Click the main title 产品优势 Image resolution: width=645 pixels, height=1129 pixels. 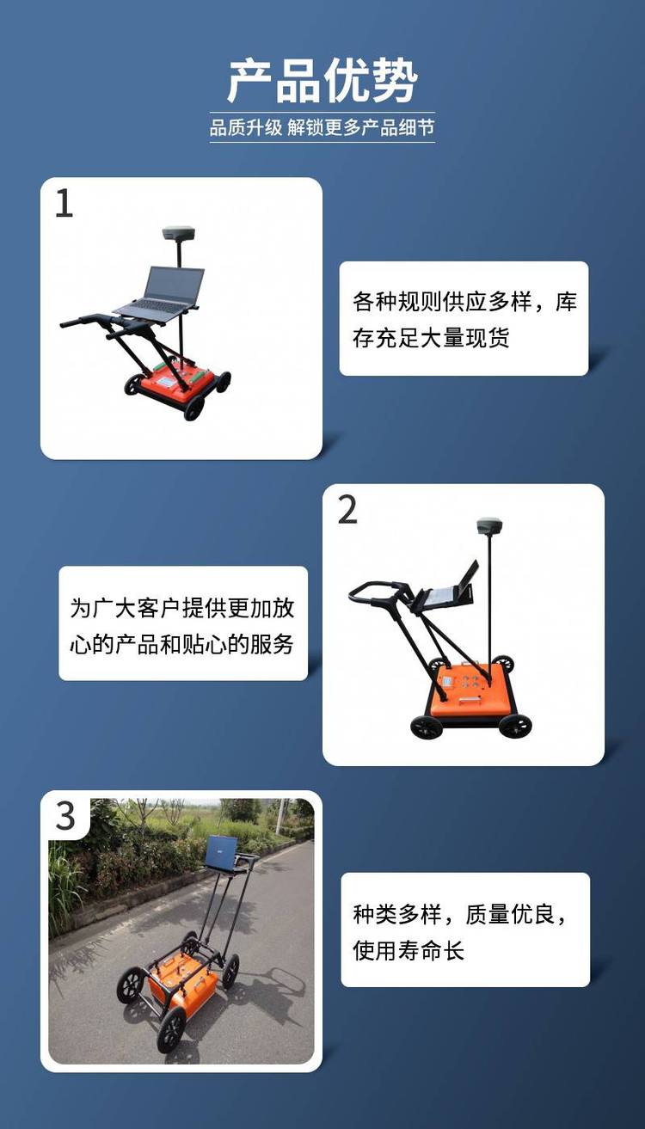point(322,81)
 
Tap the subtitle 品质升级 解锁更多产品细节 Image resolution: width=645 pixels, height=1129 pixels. point(322,127)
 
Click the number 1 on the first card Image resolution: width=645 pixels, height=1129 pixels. point(64,203)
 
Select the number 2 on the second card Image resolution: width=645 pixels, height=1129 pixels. point(347,510)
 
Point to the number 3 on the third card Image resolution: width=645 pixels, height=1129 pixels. point(65,816)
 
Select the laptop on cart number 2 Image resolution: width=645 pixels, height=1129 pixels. point(448,591)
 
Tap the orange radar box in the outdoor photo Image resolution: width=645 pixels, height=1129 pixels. point(182,979)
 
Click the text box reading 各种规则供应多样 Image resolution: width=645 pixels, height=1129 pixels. point(464,318)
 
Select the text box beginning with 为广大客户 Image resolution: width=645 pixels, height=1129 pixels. point(183,623)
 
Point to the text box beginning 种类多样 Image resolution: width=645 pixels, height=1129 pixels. point(465,930)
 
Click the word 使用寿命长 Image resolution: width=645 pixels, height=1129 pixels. point(408,950)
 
